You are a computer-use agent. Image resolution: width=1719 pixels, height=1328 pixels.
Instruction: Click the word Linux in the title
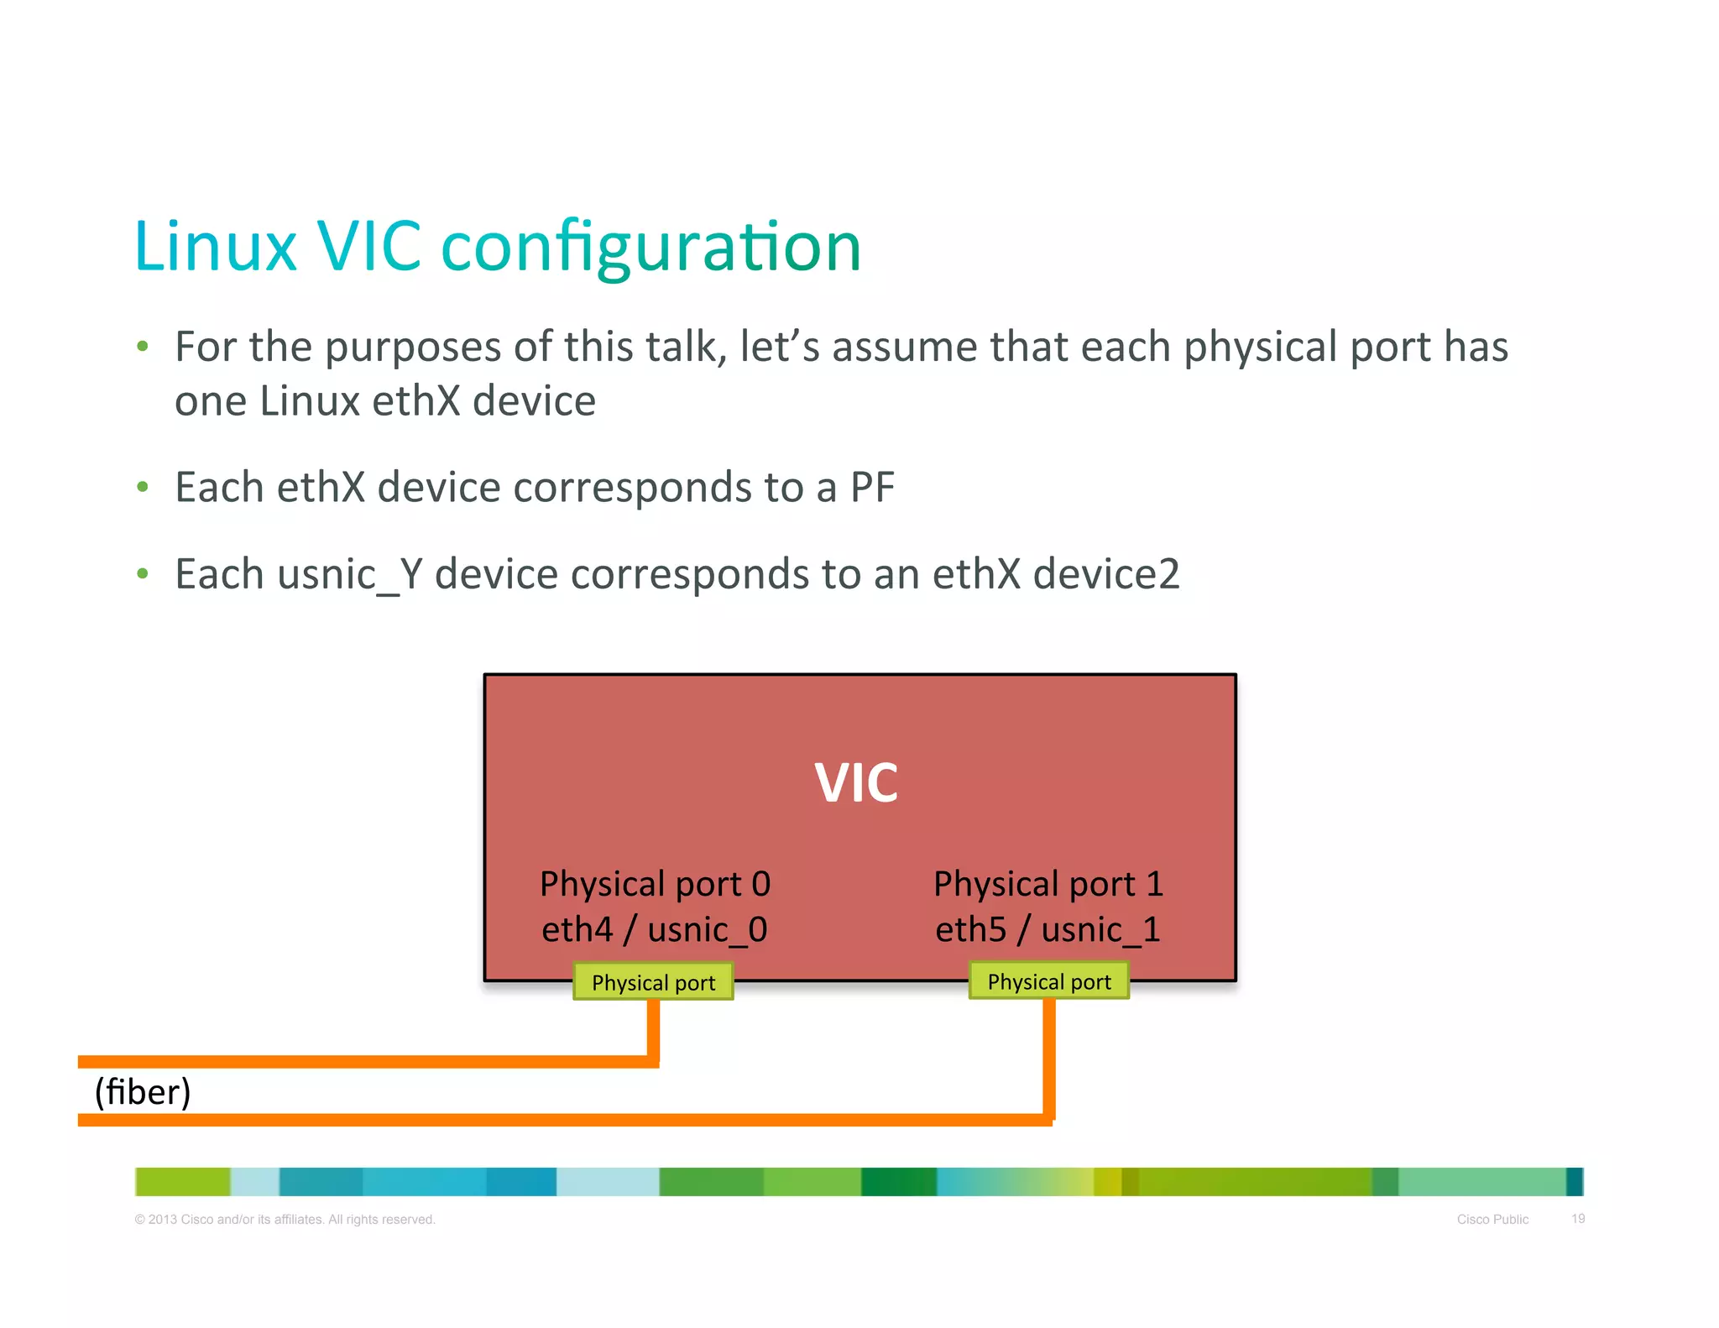(x=216, y=247)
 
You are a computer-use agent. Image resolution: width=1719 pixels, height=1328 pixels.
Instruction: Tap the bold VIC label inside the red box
(x=856, y=782)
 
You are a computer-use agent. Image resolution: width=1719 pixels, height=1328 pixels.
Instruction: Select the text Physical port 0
(x=655, y=884)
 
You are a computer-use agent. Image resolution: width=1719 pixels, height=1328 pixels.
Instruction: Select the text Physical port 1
(x=1048, y=884)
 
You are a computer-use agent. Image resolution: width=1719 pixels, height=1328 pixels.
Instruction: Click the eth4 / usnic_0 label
(x=655, y=930)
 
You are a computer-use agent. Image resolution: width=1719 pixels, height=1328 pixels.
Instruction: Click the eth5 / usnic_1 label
(x=1048, y=930)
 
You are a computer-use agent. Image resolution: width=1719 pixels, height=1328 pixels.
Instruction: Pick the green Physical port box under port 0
(x=653, y=982)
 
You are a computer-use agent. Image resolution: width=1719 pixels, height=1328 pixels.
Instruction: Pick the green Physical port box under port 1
(x=1049, y=981)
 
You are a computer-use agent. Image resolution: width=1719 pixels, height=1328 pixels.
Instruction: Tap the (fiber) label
(x=143, y=1092)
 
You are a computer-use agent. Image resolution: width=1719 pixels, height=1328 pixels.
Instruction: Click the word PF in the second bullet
(x=872, y=488)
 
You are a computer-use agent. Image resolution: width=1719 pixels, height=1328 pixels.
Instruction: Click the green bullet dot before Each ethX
(x=143, y=487)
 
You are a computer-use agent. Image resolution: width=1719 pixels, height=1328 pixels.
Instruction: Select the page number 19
(x=1578, y=1218)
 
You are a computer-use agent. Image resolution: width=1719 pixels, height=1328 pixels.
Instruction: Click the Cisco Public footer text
(x=1492, y=1219)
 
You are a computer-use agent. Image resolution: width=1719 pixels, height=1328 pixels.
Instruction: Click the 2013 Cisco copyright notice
(x=285, y=1219)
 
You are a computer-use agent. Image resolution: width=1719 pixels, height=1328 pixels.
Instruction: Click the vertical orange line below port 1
(x=1049, y=1058)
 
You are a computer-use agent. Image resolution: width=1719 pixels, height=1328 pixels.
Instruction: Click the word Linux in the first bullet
(x=310, y=401)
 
